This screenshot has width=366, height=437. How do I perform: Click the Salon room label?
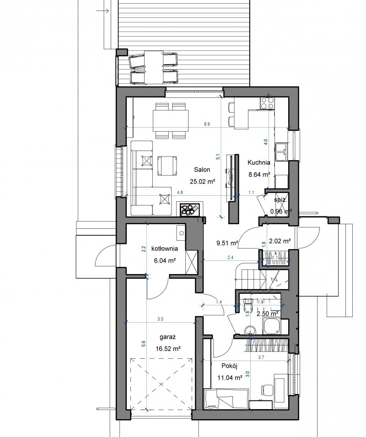[202, 169]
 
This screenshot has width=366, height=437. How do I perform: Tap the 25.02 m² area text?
[203, 182]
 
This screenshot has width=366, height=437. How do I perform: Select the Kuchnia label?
[259, 162]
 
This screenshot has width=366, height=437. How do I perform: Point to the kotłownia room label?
[164, 248]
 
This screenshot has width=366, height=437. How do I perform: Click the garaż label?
[168, 337]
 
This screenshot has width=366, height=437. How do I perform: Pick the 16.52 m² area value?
[168, 349]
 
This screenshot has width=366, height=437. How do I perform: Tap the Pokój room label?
[229, 366]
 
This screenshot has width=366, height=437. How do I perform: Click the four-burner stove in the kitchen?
[267, 103]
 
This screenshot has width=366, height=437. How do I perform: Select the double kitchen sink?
[282, 152]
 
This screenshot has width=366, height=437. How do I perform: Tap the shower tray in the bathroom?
[272, 327]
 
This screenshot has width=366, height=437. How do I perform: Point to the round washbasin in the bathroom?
[250, 330]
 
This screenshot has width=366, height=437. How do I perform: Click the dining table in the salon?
[171, 120]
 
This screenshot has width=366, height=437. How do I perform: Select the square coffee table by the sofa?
[167, 166]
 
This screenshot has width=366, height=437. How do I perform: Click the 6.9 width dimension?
[207, 124]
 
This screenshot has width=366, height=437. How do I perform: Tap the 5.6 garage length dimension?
[144, 344]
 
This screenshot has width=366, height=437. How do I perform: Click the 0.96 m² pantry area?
[281, 211]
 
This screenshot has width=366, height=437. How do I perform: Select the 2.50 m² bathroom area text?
[267, 314]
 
